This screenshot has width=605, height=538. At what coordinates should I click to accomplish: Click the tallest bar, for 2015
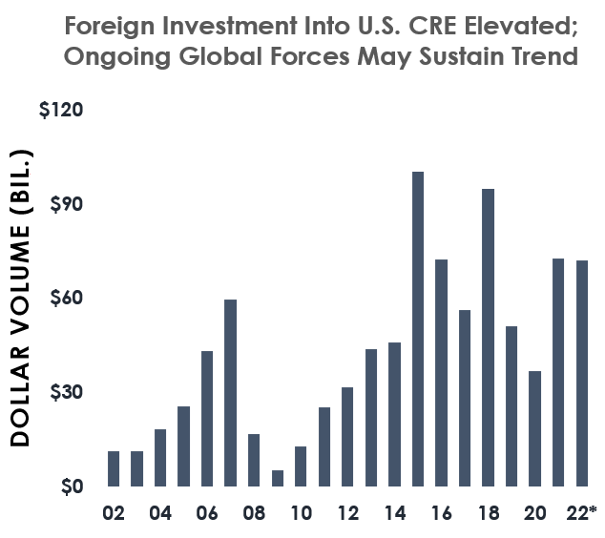point(418,328)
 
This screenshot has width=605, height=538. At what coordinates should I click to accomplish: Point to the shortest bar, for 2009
point(277,478)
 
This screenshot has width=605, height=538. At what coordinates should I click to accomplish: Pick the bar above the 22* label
point(581,373)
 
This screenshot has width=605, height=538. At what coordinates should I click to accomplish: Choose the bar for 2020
point(534,428)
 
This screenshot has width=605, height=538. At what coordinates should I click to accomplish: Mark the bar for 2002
point(114,468)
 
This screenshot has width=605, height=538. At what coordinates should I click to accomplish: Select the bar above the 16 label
point(441,373)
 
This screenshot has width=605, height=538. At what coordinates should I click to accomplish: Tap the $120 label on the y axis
point(61,110)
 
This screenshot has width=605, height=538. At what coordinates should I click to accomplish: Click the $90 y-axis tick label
point(66,204)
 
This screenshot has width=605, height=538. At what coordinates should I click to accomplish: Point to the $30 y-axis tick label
point(66,392)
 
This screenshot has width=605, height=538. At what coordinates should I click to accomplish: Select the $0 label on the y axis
point(71,486)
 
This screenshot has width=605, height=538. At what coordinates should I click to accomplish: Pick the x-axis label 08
point(254,513)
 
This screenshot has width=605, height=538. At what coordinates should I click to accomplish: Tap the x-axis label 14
point(394,513)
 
